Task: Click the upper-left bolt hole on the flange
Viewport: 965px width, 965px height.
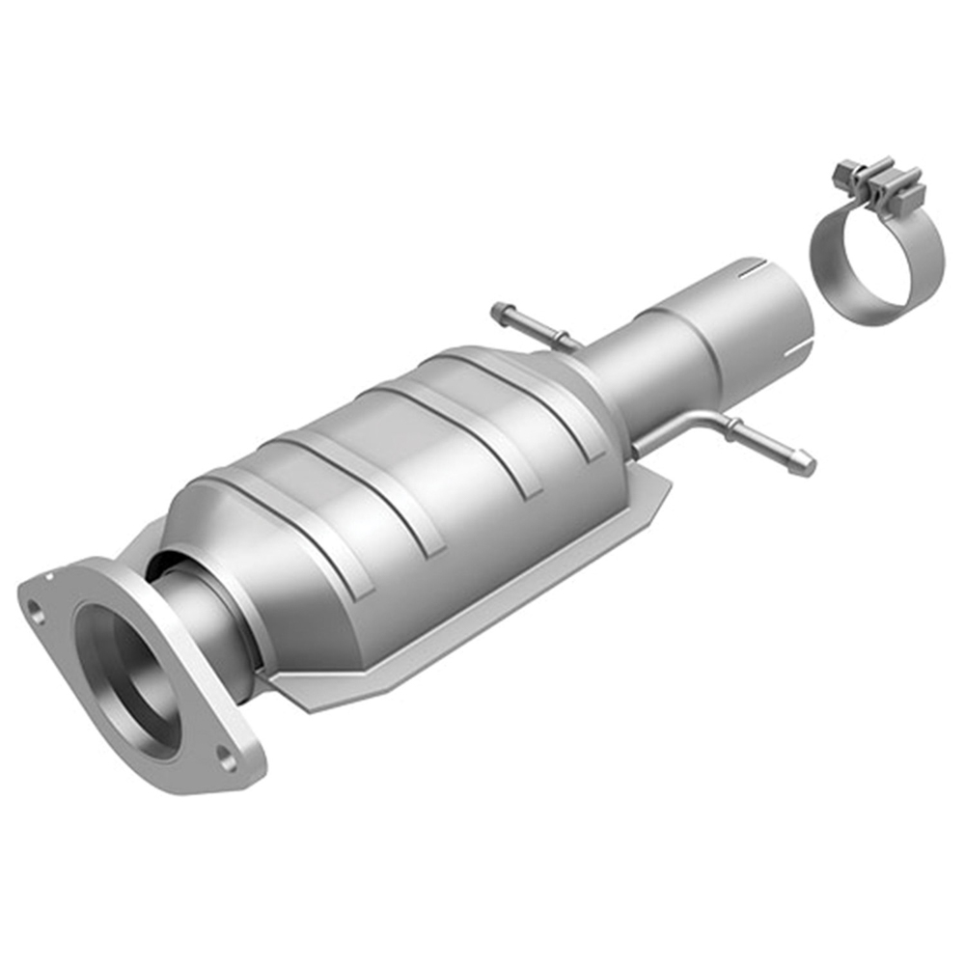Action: (35, 611)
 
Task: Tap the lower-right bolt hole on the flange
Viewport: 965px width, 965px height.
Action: (228, 759)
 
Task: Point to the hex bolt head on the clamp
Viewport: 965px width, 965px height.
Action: (846, 172)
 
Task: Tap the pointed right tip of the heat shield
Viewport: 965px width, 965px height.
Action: (668, 488)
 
